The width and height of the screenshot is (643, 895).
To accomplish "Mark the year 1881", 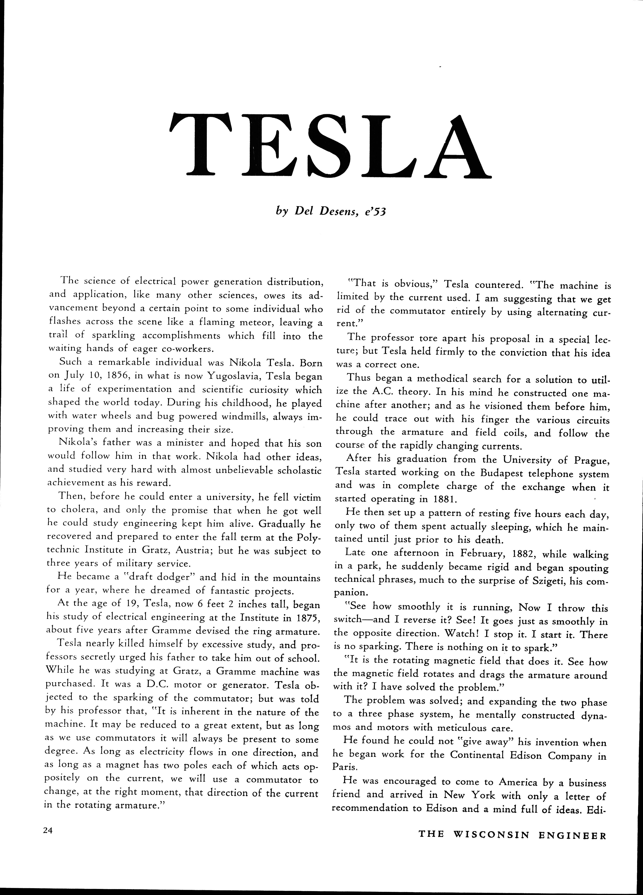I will (445, 499).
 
